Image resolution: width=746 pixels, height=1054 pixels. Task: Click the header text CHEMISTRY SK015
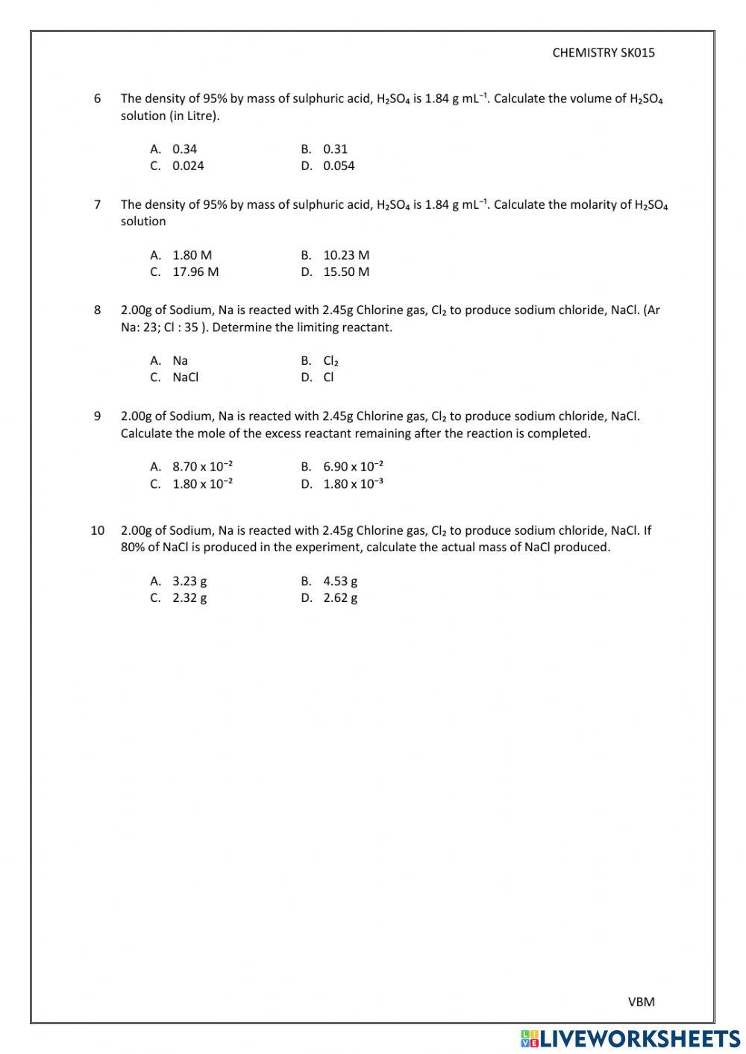604,52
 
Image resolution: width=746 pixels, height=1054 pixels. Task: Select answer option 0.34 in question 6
184,149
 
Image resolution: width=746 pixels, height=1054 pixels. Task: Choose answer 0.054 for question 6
339,166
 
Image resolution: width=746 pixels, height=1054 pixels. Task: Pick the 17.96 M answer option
195,272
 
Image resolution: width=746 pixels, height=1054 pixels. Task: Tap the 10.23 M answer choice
346,255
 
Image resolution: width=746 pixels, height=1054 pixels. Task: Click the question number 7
97,204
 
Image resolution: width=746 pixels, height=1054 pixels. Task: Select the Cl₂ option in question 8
330,361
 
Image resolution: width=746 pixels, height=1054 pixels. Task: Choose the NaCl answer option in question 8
185,377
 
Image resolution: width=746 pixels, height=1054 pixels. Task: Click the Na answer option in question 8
180,361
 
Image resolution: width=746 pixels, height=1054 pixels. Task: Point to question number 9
97,416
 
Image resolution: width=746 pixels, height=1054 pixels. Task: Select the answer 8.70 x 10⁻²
202,467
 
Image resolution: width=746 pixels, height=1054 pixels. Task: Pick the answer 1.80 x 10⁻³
353,484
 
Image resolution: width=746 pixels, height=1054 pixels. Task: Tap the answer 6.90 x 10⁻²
353,467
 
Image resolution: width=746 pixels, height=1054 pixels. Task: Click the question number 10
97,530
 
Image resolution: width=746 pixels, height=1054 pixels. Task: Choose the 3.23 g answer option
189,581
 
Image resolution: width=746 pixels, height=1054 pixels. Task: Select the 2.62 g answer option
340,598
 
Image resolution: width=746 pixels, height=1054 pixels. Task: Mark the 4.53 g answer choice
340,581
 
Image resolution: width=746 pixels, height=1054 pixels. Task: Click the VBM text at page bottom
641,1002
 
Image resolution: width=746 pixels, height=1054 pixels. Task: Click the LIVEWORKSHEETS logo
630,1038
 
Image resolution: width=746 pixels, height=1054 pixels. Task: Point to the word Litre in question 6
201,116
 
